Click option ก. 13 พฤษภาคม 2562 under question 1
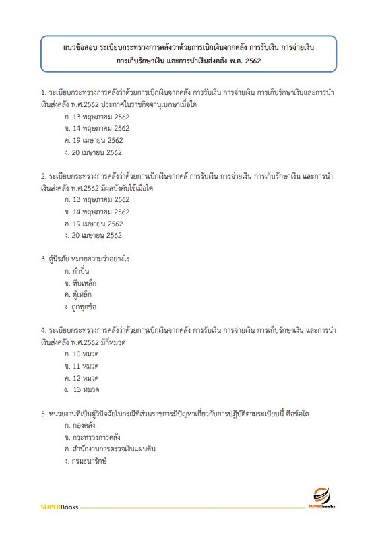tap(96, 115)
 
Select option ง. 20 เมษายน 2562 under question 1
tap(94, 153)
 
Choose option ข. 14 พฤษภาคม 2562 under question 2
tap(96, 212)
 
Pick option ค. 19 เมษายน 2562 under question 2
tap(94, 224)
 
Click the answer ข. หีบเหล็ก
tap(80, 283)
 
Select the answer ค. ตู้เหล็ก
tap(78, 295)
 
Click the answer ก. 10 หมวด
tap(82, 354)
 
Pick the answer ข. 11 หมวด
tap(82, 366)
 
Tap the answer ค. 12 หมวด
tap(82, 378)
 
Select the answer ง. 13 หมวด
tap(82, 390)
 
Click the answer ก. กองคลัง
tap(80, 425)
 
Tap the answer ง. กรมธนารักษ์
tap(86, 462)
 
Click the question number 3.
tap(43, 259)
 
